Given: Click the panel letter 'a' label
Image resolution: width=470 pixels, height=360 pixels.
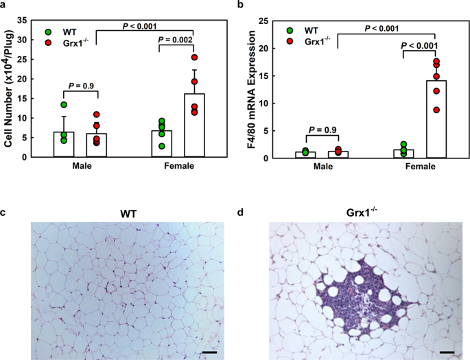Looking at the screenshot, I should point(5,6).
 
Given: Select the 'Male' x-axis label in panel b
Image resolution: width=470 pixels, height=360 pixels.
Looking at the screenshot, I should point(326,167).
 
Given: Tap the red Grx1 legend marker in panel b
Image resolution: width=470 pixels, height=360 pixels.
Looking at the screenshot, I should point(290,43).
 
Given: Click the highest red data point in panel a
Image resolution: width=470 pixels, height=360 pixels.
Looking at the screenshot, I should point(194,58).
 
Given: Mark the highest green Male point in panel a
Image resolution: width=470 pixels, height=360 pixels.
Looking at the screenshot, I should point(64,105).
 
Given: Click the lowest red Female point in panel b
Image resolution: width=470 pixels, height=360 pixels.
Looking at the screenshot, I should point(436,110).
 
